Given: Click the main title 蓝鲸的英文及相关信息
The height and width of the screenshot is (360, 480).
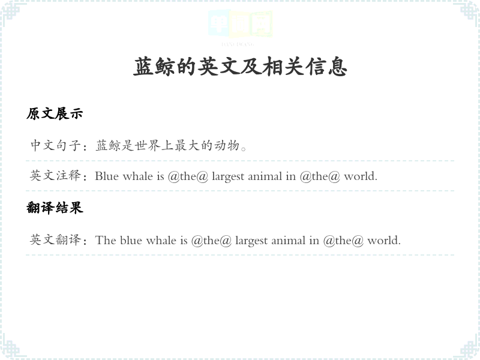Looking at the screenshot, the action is tap(241, 67).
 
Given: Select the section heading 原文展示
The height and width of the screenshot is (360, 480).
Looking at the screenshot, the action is tap(55, 113).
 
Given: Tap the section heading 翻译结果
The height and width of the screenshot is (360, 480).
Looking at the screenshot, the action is tap(55, 208).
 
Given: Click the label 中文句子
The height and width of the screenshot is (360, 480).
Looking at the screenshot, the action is tap(55, 145).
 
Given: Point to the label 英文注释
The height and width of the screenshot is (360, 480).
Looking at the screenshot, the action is tap(55, 176).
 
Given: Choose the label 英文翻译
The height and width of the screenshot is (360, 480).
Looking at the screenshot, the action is tap(55, 239).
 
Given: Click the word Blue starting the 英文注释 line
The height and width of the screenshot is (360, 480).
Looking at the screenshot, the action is tap(107, 176).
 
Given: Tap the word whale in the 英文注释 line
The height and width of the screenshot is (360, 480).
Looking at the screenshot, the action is tap(137, 176).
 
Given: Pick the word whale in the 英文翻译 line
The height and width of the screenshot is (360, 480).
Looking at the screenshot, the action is tap(161, 240).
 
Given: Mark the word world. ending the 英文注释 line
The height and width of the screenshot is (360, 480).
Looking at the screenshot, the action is tap(361, 176).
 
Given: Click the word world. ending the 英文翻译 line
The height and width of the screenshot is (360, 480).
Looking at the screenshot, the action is tap(384, 240).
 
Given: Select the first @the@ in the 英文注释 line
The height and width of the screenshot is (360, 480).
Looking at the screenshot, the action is tap(188, 176).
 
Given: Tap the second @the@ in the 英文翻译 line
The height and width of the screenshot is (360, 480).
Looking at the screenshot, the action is tap(343, 241).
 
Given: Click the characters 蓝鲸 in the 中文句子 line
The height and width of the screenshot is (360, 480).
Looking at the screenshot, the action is tap(109, 145).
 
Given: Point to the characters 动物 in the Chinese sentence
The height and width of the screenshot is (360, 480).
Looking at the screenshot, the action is tap(227, 145).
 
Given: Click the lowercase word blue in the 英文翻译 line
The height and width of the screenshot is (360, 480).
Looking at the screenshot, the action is tap(131, 240).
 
